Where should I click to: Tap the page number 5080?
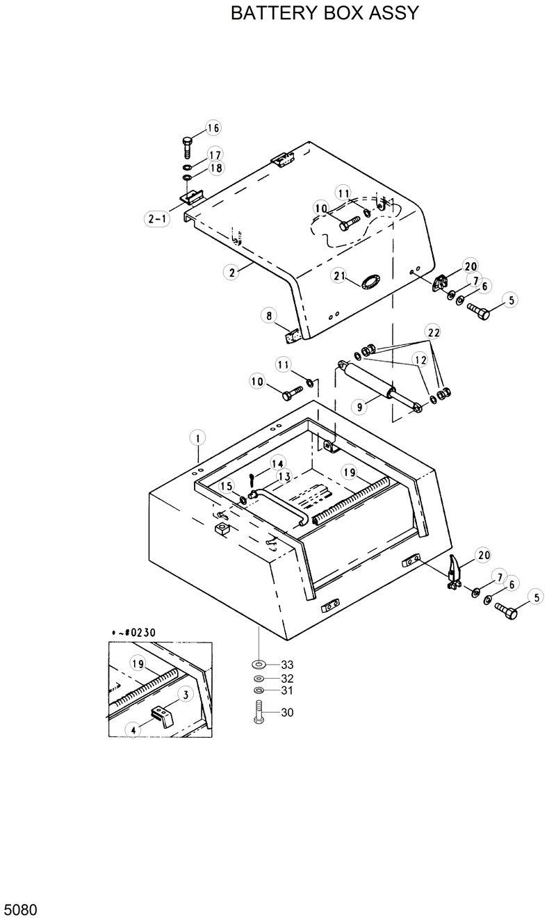tap(20, 909)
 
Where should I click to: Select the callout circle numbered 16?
tap(213, 128)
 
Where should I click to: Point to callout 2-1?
tap(157, 219)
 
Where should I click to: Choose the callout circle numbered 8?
tap(268, 316)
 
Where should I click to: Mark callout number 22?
tap(434, 333)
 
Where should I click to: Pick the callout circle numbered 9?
tap(360, 407)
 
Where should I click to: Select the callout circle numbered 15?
tap(227, 487)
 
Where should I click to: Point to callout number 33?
tap(287, 665)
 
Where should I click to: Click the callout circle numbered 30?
tap(287, 712)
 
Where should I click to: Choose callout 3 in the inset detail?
tap(186, 694)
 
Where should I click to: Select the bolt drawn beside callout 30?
tap(258, 713)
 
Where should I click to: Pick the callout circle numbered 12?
tap(420, 359)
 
